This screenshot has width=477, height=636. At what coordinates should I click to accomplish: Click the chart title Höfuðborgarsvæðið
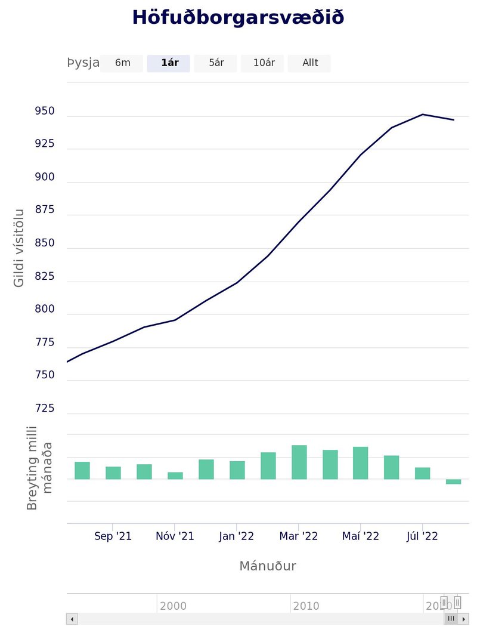238,18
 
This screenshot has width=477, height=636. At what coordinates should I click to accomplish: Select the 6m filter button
122,63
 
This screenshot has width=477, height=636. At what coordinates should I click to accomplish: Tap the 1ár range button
169,63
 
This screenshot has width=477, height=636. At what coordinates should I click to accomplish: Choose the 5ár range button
216,63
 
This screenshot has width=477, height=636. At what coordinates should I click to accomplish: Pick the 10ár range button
263,63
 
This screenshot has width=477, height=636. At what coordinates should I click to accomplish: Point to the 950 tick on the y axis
45,112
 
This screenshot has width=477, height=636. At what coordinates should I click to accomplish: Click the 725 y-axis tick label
45,409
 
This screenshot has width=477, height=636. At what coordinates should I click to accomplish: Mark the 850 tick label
45,243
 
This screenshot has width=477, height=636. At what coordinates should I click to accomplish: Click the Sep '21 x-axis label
113,536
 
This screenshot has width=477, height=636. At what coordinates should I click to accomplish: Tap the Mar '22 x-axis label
299,536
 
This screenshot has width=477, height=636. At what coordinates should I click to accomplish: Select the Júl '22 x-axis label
422,536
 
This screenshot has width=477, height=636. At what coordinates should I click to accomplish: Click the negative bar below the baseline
453,481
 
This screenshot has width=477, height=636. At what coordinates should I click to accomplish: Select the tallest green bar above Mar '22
299,462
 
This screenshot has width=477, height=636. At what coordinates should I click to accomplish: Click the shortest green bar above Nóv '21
175,476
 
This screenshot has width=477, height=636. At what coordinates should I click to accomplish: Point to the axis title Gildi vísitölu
19,248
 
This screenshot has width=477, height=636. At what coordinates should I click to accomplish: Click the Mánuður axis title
267,566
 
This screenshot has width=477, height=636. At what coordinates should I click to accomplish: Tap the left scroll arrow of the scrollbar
72,619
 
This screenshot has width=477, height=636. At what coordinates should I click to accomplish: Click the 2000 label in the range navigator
173,606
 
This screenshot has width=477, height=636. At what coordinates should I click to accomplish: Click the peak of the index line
422,114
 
